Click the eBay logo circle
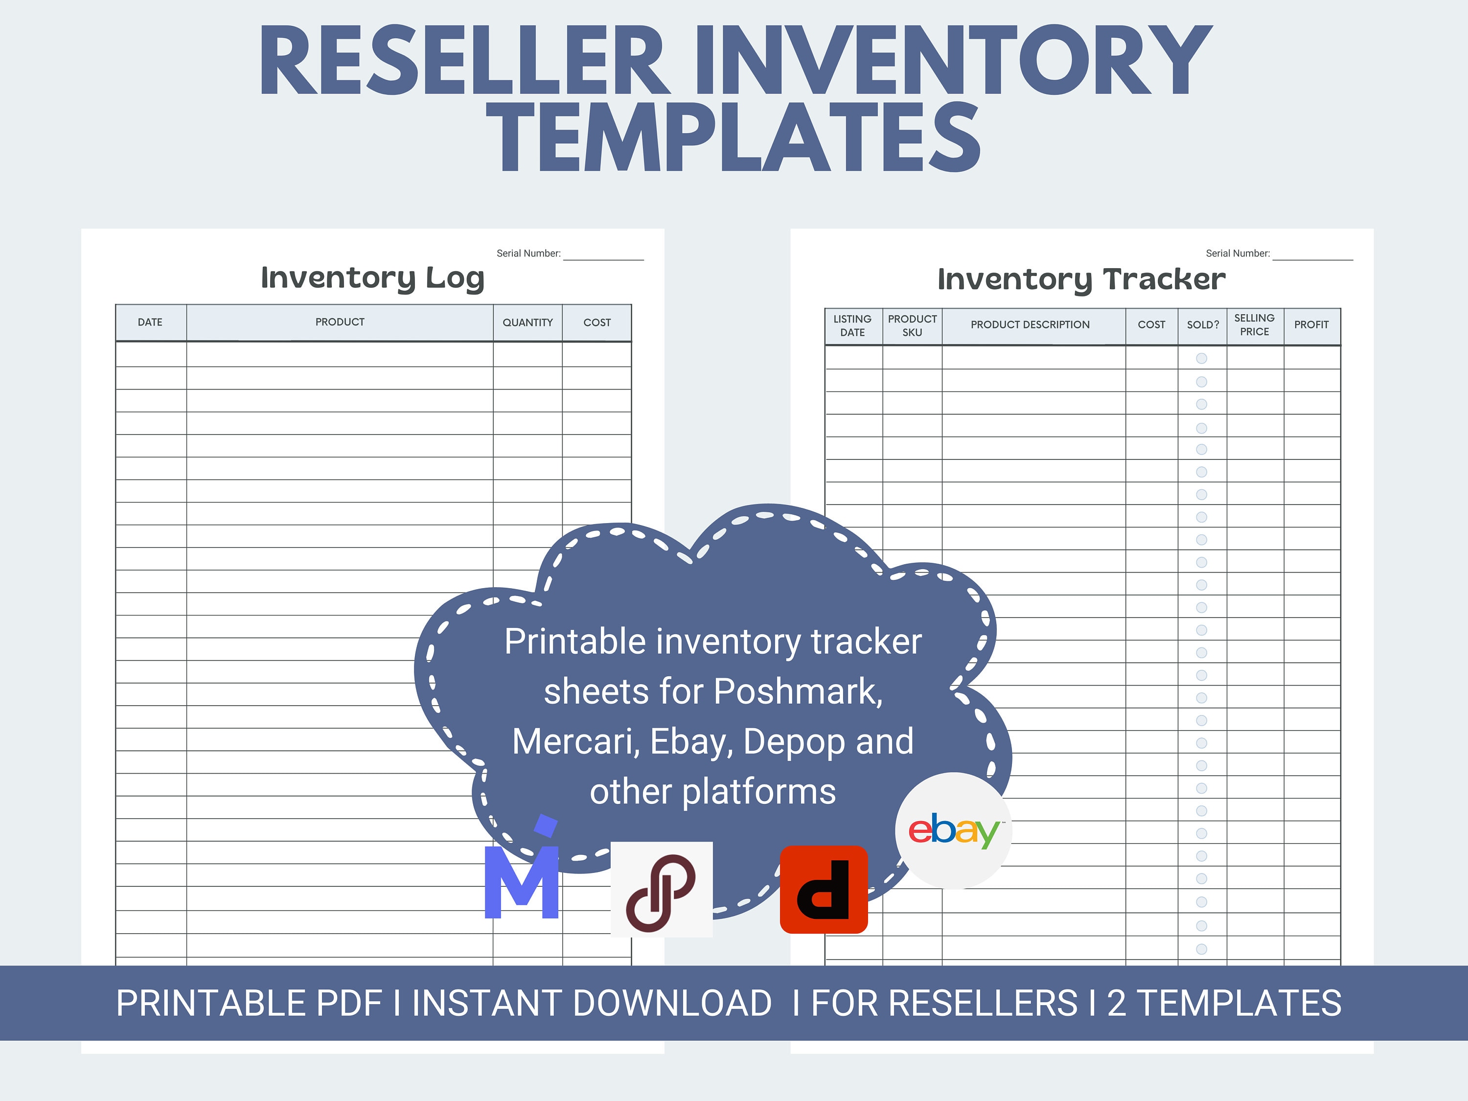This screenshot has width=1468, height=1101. coord(953,830)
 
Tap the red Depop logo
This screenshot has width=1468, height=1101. coord(824,889)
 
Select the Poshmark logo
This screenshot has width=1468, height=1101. coord(661,889)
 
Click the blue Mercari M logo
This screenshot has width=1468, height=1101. coord(522,876)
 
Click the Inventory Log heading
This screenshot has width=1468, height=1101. coord(372,278)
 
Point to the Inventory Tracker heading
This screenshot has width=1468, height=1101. coord(1081,279)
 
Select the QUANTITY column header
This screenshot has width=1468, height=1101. coord(528,322)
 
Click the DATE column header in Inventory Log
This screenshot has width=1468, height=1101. coord(150,322)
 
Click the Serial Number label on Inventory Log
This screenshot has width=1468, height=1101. coord(528,253)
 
